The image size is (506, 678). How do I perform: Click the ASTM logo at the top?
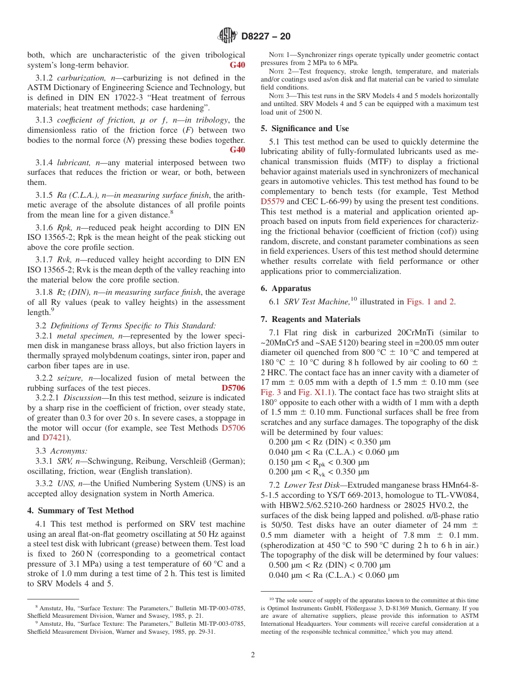click(227, 36)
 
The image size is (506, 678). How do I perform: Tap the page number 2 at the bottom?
click(253, 655)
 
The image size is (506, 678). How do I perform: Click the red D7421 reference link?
click(55, 438)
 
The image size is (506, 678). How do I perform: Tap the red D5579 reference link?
click(273, 202)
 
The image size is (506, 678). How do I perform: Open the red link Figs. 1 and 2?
click(430, 302)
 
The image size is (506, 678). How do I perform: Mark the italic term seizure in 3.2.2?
click(70, 378)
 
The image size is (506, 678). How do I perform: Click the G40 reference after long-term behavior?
click(237, 65)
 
